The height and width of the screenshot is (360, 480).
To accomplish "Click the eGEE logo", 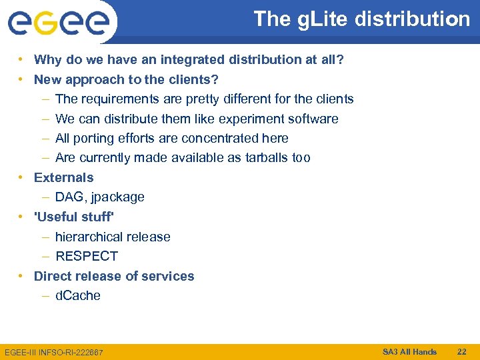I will coord(59,23).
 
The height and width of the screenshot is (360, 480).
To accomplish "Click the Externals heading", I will coord(64,178).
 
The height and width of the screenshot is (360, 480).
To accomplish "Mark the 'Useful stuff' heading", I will coord(74,217).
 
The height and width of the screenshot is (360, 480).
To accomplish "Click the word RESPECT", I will coord(87,257).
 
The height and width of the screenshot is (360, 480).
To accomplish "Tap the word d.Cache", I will coord(78,296).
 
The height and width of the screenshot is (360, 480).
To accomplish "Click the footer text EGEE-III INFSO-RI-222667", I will coord(54,351).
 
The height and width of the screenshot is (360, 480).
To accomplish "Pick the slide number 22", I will coord(461,351).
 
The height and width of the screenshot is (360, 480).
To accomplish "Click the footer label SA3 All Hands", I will coord(409,351).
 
